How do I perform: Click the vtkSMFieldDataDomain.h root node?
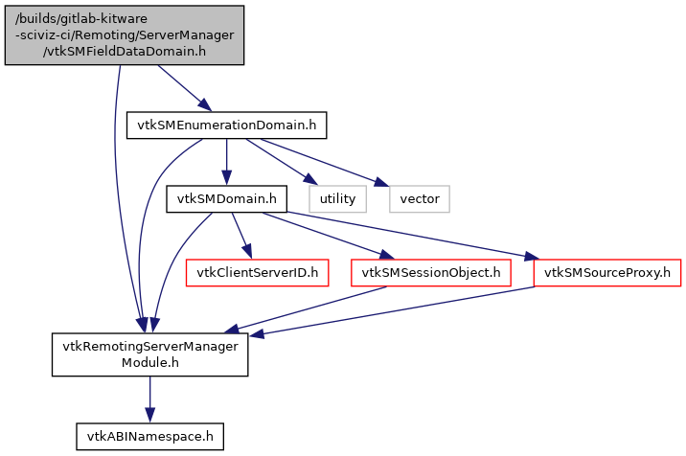click(125, 34)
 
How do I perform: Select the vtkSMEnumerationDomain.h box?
click(226, 125)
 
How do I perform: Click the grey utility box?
click(337, 199)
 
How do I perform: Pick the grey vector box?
click(420, 199)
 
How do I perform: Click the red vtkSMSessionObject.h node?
click(429, 273)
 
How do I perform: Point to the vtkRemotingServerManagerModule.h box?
click(149, 354)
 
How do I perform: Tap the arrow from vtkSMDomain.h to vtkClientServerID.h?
click(241, 236)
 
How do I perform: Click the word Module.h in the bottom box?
click(149, 364)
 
